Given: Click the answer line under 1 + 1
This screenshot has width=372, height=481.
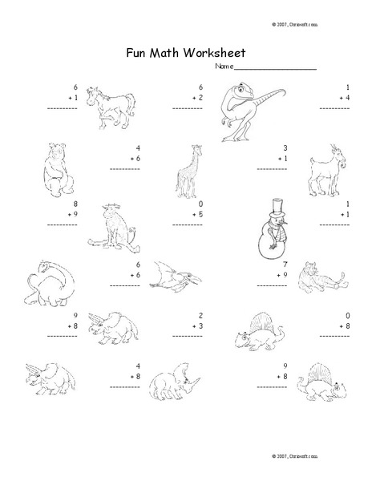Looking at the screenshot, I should click(338, 225).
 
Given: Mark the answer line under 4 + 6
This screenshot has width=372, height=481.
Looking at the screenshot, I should click(125, 169).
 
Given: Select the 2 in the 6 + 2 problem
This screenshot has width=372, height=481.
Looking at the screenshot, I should click(200, 97).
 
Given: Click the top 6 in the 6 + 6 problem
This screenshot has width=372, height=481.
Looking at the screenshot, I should click(139, 264).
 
